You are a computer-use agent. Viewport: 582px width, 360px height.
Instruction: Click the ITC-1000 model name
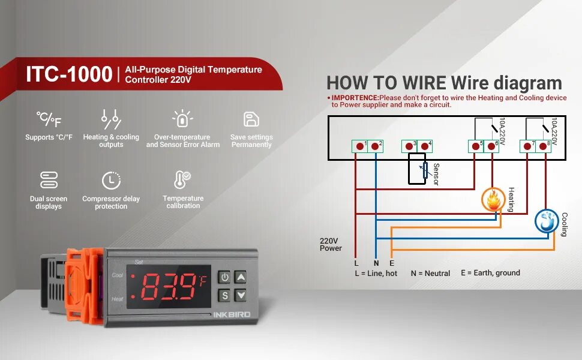click(69, 74)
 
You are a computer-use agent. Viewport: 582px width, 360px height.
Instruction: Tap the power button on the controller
click(224, 277)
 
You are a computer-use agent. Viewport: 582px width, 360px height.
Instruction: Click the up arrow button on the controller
click(241, 277)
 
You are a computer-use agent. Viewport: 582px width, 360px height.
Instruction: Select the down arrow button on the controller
click(241, 295)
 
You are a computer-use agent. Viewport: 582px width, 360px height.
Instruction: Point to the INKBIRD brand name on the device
click(232, 314)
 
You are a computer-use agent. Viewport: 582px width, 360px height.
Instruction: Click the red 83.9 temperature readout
click(171, 286)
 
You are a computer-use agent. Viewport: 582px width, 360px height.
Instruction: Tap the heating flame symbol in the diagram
click(493, 200)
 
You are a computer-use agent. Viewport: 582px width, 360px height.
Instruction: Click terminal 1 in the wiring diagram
click(360, 146)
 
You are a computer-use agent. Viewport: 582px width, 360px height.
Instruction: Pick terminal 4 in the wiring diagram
click(425, 146)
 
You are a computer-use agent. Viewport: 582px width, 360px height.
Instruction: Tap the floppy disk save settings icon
click(251, 119)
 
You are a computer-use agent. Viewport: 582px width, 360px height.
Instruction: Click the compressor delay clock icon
click(111, 180)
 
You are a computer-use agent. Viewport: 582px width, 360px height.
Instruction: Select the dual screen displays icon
click(49, 180)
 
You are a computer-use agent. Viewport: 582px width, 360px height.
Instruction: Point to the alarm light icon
click(182, 119)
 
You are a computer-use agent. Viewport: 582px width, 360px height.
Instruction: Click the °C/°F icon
click(49, 119)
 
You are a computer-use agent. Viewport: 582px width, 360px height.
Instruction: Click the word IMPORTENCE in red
click(355, 97)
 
